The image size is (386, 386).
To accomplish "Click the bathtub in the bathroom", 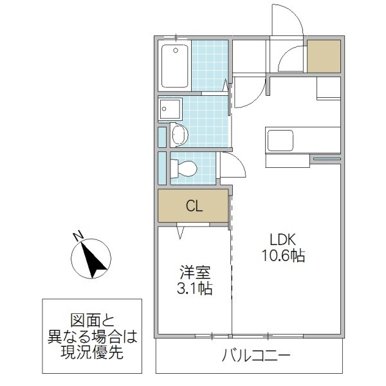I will point(174,66).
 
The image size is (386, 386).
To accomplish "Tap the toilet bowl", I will point(185,169).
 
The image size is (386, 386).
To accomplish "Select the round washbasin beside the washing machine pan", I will point(179,135).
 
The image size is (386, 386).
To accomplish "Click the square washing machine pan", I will point(170,109).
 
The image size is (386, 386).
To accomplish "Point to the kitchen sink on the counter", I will point(279,140).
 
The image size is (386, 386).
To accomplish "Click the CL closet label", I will point(194,207).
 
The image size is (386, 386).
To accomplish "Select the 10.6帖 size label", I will point(283,255).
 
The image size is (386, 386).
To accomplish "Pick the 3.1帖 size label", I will point(194,288).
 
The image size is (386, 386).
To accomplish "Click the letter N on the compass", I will point(77,236).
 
